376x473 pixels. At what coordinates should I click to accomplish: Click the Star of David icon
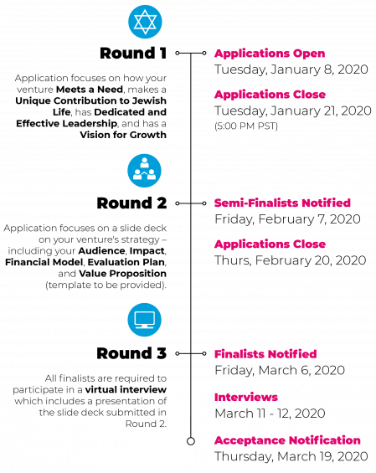coord(145,22)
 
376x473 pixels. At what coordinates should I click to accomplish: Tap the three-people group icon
coord(145,171)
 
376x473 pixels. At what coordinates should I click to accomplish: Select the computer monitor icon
coord(145,320)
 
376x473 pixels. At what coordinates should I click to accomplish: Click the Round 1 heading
coord(133,53)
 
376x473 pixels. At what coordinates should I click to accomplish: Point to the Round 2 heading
coord(131,203)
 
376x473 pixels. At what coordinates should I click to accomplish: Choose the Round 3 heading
coord(131,353)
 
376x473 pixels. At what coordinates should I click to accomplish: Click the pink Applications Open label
coord(270,54)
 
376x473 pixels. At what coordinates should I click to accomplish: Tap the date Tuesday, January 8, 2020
coord(291,69)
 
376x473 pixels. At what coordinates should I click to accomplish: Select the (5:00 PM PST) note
coord(246,126)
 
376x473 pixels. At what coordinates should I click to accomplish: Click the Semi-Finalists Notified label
coord(282,203)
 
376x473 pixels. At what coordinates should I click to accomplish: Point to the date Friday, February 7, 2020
coord(287,219)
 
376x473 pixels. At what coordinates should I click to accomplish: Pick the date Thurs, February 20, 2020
coord(291,260)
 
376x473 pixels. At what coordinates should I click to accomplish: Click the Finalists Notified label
coord(265,354)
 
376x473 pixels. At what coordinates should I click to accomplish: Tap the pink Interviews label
coord(246,397)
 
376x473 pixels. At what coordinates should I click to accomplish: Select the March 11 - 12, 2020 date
coord(270,414)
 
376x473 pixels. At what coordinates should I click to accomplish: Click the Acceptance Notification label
coord(287,440)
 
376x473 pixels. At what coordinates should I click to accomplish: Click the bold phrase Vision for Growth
coord(123,135)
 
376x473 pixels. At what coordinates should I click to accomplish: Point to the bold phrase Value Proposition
coord(122,274)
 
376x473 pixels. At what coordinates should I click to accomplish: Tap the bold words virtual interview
coord(126,389)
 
